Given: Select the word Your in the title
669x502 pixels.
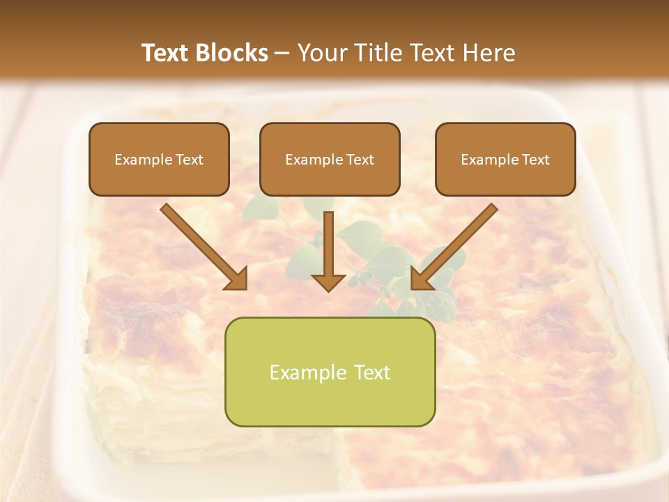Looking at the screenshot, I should (x=318, y=53).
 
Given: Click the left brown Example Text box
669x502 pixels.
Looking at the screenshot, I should (x=159, y=160).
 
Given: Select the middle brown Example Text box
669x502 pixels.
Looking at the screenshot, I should (x=330, y=160).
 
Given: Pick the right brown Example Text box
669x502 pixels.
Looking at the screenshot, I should (x=505, y=160).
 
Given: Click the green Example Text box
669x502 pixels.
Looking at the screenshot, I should (x=330, y=372).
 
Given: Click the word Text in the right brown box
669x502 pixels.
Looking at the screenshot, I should (x=536, y=160).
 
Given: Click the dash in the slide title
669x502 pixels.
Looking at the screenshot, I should (x=283, y=53).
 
